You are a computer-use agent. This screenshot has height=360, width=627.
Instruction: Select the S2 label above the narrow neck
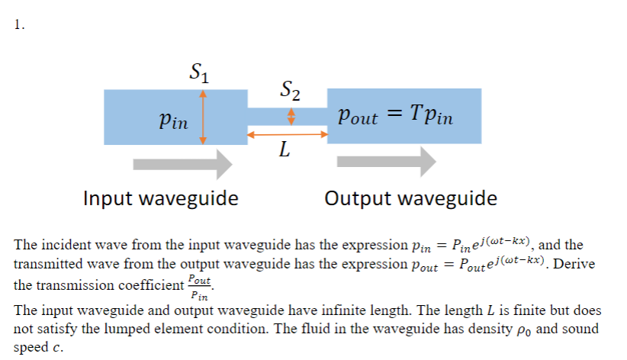click(x=288, y=92)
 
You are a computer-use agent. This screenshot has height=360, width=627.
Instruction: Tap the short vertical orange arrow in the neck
click(x=289, y=116)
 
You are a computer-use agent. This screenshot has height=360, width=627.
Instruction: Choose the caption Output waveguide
click(x=410, y=199)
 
